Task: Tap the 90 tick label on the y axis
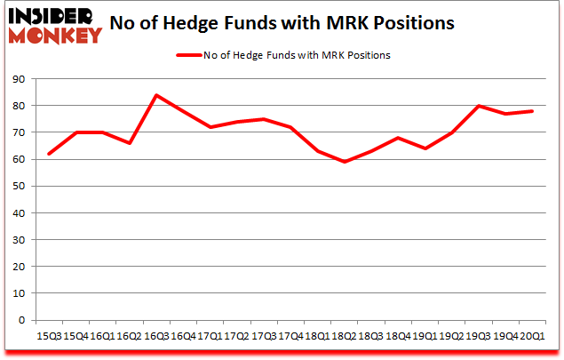pyautogui.click(x=18, y=79)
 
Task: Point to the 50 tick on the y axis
pyautogui.click(x=18, y=186)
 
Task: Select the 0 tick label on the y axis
pyautogui.click(x=20, y=320)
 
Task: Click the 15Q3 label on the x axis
pyautogui.click(x=48, y=335)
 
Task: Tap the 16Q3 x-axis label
pyautogui.click(x=157, y=335)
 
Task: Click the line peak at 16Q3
pyautogui.click(x=157, y=95)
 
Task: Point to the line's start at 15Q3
pyautogui.click(x=49, y=154)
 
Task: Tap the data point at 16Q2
pyautogui.click(x=130, y=143)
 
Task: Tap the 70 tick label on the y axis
pyautogui.click(x=18, y=132)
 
